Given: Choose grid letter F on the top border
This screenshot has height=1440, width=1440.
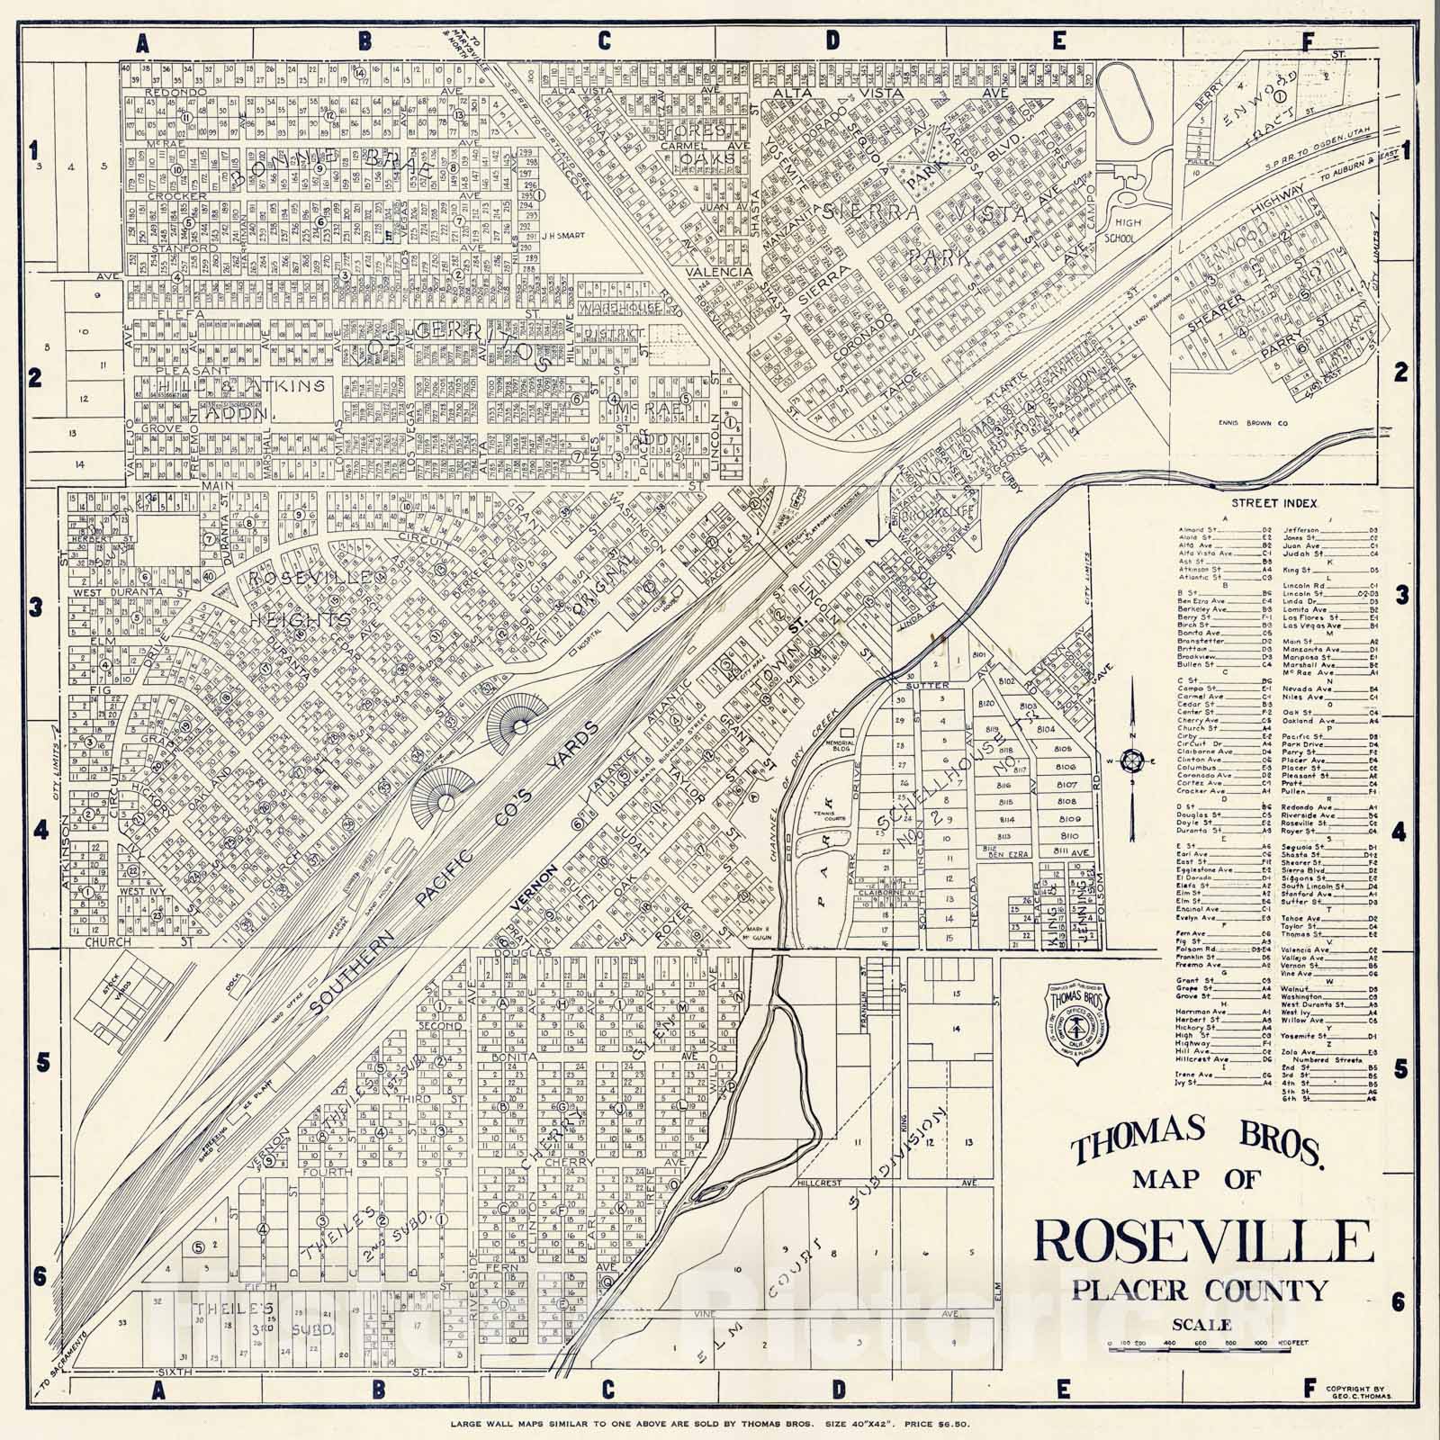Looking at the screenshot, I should [1308, 40].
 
